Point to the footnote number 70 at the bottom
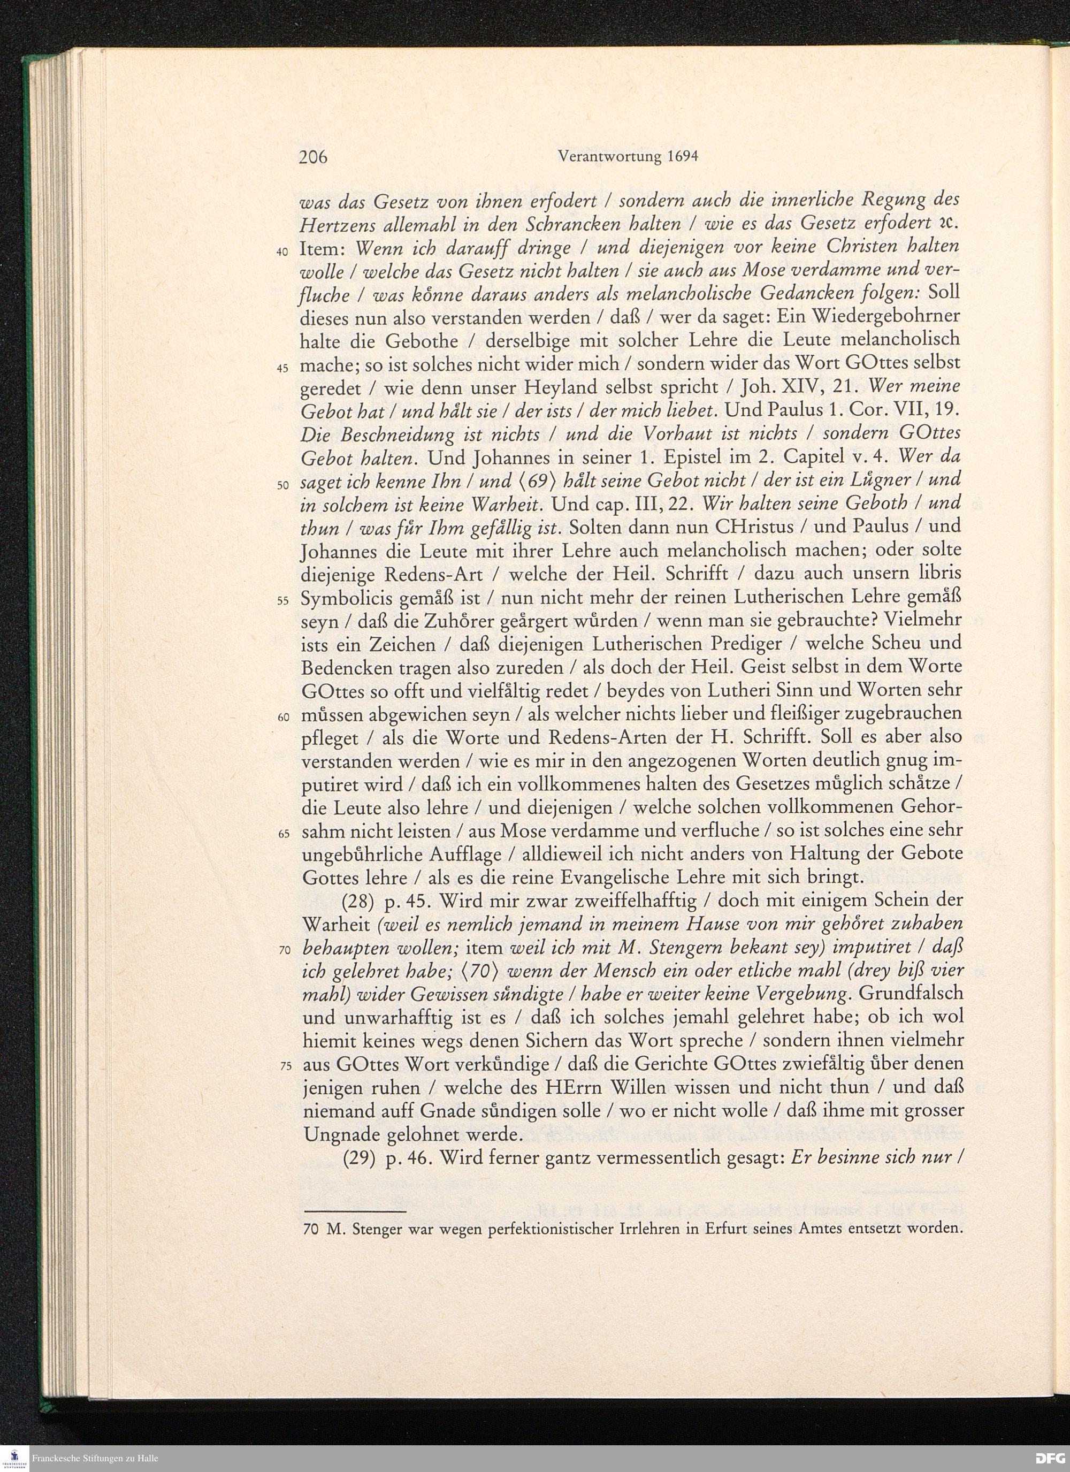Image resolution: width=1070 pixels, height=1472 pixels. [x=311, y=1229]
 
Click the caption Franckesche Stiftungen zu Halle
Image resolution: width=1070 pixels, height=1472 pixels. [x=95, y=1459]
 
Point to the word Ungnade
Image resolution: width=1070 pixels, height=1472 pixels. [x=332, y=1135]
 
